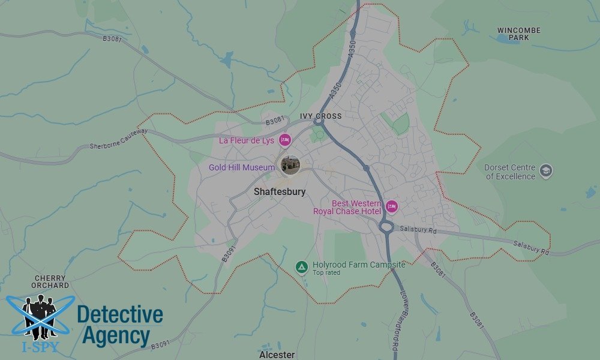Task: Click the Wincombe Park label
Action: pyautogui.click(x=518, y=34)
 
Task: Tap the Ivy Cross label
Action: pyautogui.click(x=321, y=116)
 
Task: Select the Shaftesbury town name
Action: pyautogui.click(x=280, y=192)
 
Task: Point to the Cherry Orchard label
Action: pyautogui.click(x=51, y=281)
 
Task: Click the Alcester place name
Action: pyautogui.click(x=277, y=355)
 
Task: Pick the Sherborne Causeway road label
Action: pyautogui.click(x=118, y=139)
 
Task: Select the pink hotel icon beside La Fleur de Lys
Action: pyautogui.click(x=285, y=140)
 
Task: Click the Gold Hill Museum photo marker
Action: pyautogui.click(x=290, y=164)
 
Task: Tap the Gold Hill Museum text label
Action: pyautogui.click(x=242, y=167)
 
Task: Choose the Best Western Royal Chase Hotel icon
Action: pyautogui.click(x=392, y=207)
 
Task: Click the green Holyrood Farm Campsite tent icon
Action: pyautogui.click(x=302, y=266)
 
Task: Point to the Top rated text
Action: pyautogui.click(x=326, y=273)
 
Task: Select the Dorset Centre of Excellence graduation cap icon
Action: pyautogui.click(x=546, y=170)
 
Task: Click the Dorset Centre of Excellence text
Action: pyautogui.click(x=510, y=172)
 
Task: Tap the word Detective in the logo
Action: pyautogui.click(x=120, y=314)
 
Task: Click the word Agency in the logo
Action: pyautogui.click(x=116, y=336)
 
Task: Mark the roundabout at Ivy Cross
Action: pyautogui.click(x=319, y=123)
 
